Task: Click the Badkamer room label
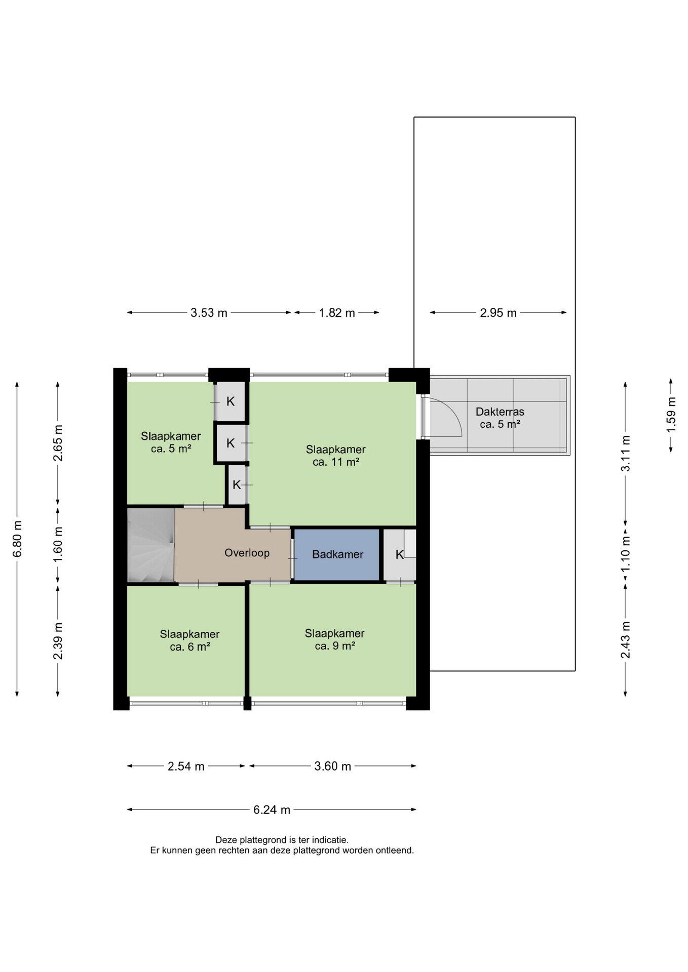(337, 554)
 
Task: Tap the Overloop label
(247, 553)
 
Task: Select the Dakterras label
(500, 412)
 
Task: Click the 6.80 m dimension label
(17, 538)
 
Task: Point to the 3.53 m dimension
(209, 313)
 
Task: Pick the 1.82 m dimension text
(337, 313)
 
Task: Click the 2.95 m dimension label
(499, 313)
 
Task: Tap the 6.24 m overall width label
(272, 810)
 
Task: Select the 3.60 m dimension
(333, 766)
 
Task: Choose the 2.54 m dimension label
(186, 766)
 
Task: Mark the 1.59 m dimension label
(671, 415)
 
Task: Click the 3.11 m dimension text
(626, 454)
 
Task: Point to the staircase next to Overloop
(151, 545)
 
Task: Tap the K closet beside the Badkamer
(400, 555)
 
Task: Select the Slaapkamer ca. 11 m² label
(336, 456)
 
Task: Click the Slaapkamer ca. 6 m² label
(190, 640)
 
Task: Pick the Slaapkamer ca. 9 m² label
(335, 639)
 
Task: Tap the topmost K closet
(231, 401)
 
